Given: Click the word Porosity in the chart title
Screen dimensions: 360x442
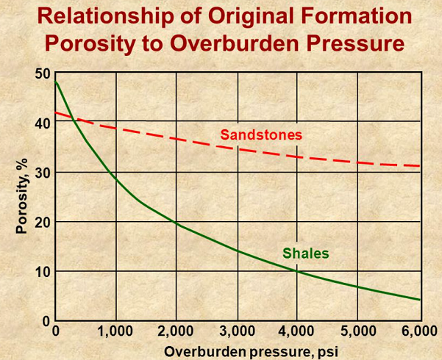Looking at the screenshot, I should point(88,43).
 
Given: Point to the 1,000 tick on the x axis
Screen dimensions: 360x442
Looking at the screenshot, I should point(115,331).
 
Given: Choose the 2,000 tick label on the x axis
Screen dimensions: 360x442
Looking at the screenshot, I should point(177,331).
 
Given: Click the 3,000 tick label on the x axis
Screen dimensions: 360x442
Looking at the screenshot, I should point(237,331).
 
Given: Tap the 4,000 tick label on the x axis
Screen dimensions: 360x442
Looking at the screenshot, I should point(298,331).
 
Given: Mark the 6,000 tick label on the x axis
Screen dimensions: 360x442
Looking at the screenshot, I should point(416,331).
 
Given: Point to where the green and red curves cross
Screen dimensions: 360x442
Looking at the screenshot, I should point(76,120).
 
